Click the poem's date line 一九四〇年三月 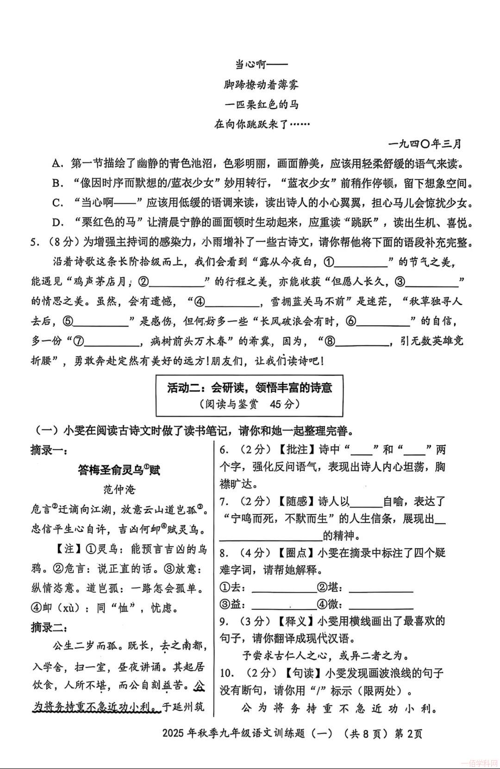pos(425,143)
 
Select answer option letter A pos(57,163)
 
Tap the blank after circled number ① pos(361,263)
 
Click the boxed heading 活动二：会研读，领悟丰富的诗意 pos(250,388)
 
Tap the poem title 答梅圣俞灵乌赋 pos(119,471)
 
